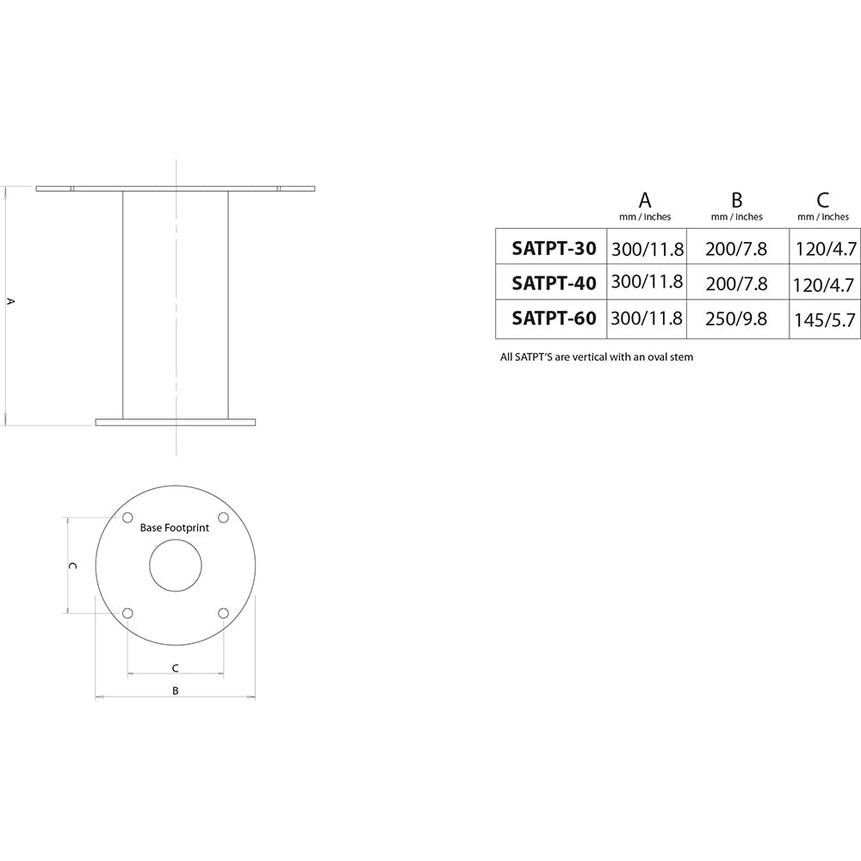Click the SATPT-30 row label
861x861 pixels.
pos(554,249)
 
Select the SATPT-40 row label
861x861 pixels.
pos(554,283)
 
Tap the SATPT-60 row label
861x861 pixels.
pos(554,319)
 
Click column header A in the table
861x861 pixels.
pos(645,201)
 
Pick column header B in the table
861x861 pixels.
pos(736,201)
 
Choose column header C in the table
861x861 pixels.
pos(823,201)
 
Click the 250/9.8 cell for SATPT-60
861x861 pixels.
pos(736,319)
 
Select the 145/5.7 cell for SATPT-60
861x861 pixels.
pos(825,320)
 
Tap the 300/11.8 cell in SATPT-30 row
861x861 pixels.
pos(647,250)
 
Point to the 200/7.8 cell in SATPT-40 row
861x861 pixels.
pos(736,283)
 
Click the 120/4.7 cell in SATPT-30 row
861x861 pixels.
pos(825,250)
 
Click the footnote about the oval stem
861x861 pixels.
pos(597,356)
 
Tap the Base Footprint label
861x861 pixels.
pos(175,528)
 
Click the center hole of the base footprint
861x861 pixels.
pos(175,566)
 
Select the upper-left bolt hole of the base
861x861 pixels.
pos(127,517)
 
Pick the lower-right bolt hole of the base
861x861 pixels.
pos(223,613)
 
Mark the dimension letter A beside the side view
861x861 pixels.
pos(10,301)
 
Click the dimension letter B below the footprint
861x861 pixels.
pos(175,691)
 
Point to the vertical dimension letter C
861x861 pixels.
pos(74,566)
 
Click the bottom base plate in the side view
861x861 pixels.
pos(176,422)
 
